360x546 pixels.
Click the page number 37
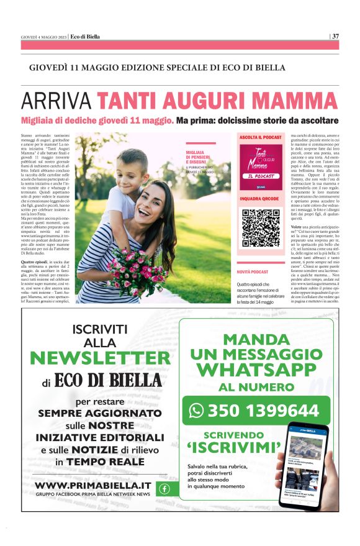335,35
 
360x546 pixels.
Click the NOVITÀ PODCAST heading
252,272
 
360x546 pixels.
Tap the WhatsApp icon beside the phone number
197,411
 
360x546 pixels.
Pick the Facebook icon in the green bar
164,488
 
